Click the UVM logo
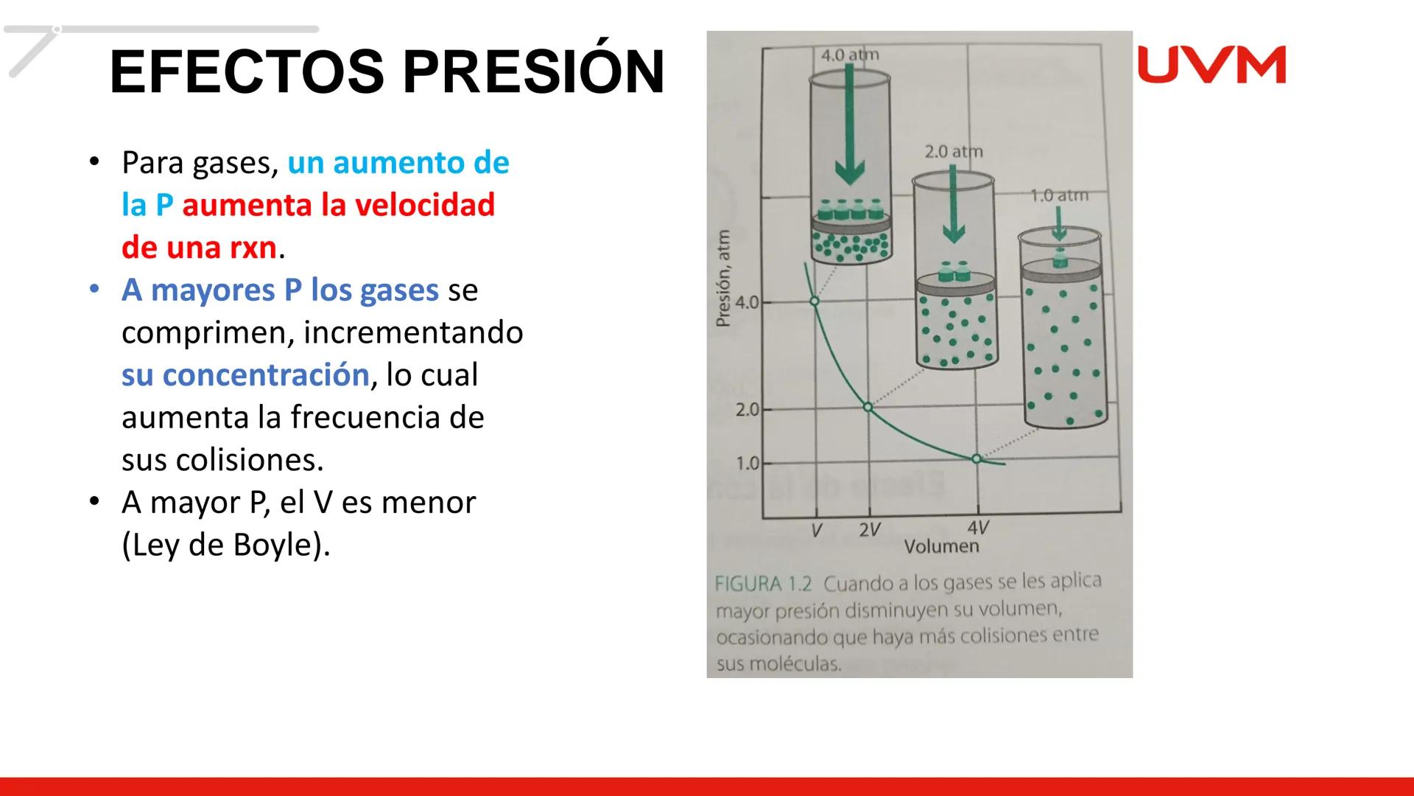click(1211, 65)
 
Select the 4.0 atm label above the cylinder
click(850, 55)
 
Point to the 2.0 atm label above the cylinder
click(954, 152)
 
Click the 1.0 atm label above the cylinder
click(1058, 195)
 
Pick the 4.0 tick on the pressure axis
click(747, 302)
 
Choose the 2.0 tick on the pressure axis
click(747, 409)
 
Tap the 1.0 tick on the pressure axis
click(747, 464)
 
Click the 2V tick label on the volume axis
click(869, 530)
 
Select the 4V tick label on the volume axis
click(977, 528)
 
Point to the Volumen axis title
click(941, 546)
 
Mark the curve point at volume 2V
click(868, 407)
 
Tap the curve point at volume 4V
click(977, 458)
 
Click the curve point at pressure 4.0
click(815, 301)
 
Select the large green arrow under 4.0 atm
click(850, 125)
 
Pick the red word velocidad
click(426, 205)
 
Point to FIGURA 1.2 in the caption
click(763, 584)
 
